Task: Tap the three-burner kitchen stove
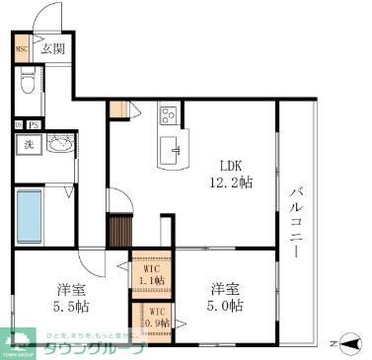167,115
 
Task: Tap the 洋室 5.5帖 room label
69,298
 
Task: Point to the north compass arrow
341,343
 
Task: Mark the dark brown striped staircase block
119,234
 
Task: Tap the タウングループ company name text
108,348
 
